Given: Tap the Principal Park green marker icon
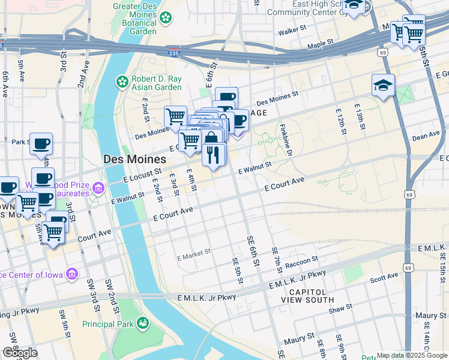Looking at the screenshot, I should tap(142, 324).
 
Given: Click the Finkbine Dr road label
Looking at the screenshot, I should tap(285, 140).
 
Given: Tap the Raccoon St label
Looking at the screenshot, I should tap(301, 262).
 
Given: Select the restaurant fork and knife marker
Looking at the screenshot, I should tap(214, 155).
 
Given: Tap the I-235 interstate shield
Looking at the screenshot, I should tap(173, 53).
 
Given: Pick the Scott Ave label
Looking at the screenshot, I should tap(384, 277).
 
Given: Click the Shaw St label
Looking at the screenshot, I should tap(340, 310).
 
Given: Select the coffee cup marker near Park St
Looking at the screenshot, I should tap(41, 144).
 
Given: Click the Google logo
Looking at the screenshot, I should tap(20, 353).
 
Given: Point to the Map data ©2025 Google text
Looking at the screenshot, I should tap(412, 355).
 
